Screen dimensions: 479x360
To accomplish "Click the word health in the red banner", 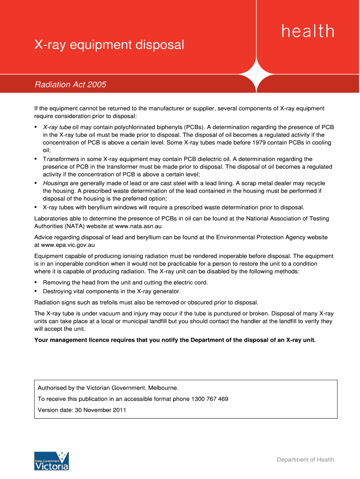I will [x=308, y=31].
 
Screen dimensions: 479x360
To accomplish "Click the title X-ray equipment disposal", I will [x=109, y=45].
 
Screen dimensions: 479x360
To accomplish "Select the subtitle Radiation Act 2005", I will [x=71, y=85].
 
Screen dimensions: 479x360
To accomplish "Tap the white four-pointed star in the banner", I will [x=256, y=75].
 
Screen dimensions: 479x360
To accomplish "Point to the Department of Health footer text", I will [x=305, y=460].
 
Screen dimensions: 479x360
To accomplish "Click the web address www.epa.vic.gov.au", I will [x=68, y=245].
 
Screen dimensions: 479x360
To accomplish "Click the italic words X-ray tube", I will [x=57, y=127].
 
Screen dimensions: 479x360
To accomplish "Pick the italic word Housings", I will [x=56, y=183].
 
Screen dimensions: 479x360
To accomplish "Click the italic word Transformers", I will [x=61, y=159].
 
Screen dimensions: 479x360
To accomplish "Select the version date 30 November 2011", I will [x=99, y=410].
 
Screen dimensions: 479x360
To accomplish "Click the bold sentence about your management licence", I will [x=175, y=340].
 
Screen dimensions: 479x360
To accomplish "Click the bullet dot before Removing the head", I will [x=36, y=283].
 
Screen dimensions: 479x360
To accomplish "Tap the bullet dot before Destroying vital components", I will [x=36, y=291].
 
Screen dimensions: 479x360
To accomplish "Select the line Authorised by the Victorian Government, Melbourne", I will [x=108, y=388].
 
